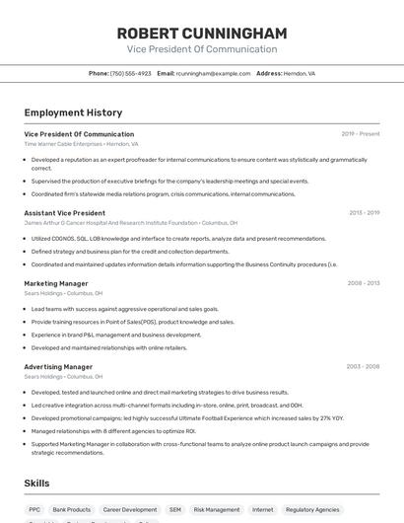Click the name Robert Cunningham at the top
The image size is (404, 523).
pos(202,32)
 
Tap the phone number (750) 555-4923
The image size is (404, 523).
pos(130,73)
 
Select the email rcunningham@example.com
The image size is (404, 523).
pos(213,73)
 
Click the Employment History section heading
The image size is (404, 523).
pos(73,112)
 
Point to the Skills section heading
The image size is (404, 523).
pos(37,484)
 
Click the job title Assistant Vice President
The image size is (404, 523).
pos(64,213)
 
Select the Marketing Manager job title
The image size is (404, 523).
pos(56,283)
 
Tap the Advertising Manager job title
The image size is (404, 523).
pos(58,367)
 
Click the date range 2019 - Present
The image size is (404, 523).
pos(361,134)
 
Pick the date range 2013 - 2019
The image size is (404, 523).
pos(364,213)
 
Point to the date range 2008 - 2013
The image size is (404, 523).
pos(364,283)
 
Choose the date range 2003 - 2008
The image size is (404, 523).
pos(363,367)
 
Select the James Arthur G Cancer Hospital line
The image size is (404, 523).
pos(130,223)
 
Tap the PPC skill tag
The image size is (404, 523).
pos(34,510)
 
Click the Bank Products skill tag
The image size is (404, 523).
pos(72,510)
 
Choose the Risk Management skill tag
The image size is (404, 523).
pos(216,510)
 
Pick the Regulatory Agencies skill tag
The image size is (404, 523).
pos(312,510)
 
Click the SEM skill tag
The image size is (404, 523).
pos(175,510)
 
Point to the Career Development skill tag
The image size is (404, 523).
pos(130,510)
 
